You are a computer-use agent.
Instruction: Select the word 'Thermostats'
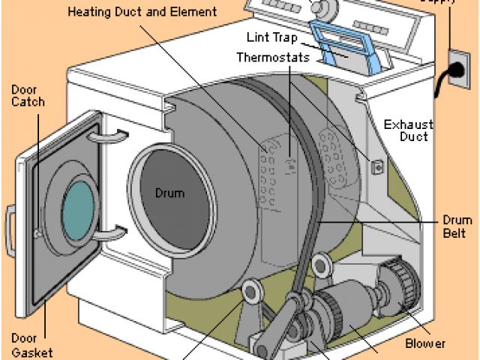click(x=271, y=57)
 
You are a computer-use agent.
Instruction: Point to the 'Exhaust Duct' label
click(x=406, y=130)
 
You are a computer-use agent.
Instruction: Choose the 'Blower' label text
click(x=424, y=343)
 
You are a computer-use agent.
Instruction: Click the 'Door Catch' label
click(x=28, y=95)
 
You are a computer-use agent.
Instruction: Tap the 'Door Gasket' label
click(x=31, y=345)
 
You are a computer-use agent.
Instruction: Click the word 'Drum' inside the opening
click(x=169, y=193)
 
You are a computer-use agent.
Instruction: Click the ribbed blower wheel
click(x=397, y=293)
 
